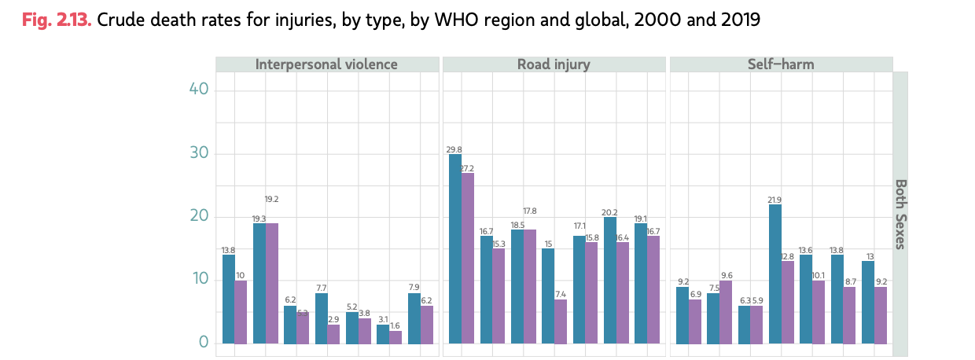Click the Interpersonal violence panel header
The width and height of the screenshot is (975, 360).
click(x=326, y=64)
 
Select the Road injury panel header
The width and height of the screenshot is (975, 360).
click(x=554, y=64)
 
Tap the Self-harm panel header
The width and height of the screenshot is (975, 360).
click(x=781, y=64)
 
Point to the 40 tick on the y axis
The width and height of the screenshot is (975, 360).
click(x=198, y=90)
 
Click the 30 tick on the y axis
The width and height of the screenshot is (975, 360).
click(x=198, y=153)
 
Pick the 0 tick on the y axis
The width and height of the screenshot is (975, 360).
click(x=203, y=343)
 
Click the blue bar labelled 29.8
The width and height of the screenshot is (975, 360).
click(x=455, y=248)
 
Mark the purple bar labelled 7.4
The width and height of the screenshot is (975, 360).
click(x=561, y=321)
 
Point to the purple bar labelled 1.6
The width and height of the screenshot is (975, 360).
click(x=396, y=337)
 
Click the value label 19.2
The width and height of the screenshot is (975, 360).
click(x=271, y=200)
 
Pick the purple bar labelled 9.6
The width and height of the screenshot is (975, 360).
click(x=727, y=312)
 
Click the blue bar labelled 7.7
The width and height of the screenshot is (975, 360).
click(x=322, y=318)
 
